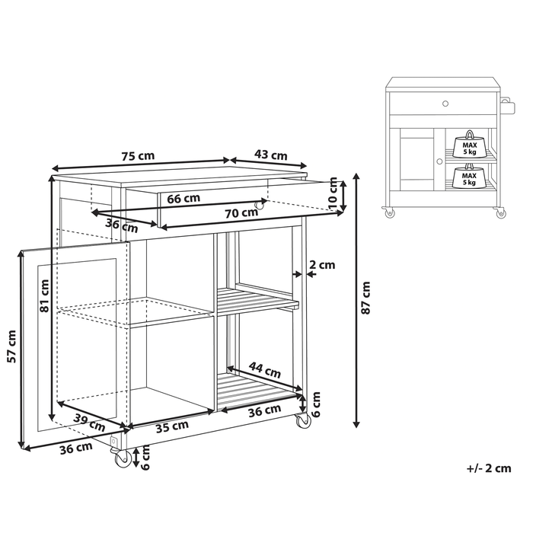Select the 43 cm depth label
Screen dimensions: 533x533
tap(270, 155)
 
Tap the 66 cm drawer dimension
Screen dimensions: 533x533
tap(183, 199)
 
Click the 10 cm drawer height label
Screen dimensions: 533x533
tap(334, 193)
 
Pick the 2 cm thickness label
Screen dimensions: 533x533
tap(322, 266)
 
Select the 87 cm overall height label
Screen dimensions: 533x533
tap(366, 298)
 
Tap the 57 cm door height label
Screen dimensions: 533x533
tap(11, 346)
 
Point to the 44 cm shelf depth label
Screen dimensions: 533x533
tap(266, 371)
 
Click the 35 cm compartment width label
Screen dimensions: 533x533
tap(172, 426)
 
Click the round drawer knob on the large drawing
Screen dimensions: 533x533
tap(260, 204)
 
